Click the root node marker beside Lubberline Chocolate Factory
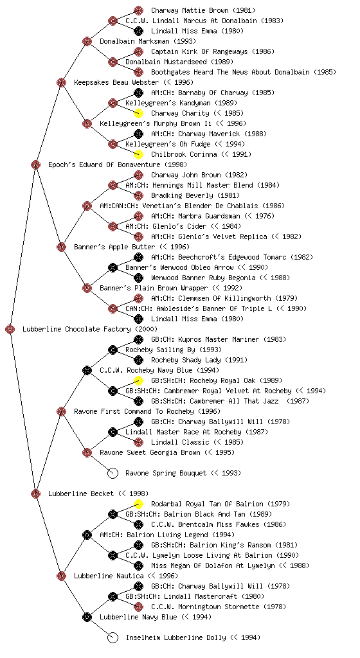(x=10, y=330)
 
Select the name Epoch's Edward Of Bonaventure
(x=105, y=164)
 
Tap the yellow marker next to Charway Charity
(x=138, y=113)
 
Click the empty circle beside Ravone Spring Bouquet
(x=113, y=474)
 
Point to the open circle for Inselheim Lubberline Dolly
(x=113, y=638)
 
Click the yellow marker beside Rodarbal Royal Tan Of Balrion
(x=138, y=504)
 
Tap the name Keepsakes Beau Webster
(x=116, y=82)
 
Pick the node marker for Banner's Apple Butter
(x=61, y=247)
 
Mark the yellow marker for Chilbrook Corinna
(x=138, y=154)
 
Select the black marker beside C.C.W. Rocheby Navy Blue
(x=87, y=371)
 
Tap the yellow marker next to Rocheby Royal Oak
(x=138, y=380)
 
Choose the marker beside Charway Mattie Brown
(x=138, y=10)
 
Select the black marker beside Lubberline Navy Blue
(x=87, y=618)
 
